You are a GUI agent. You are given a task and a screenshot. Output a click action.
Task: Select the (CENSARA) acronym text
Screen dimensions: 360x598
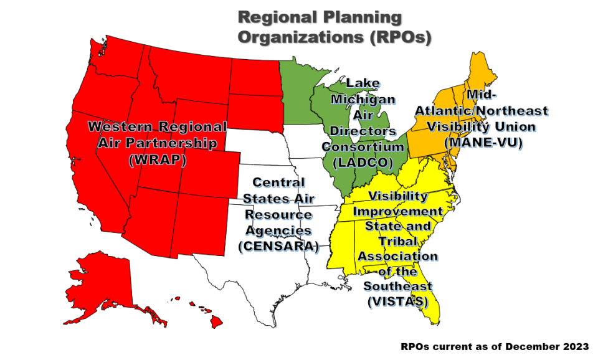(x=278, y=246)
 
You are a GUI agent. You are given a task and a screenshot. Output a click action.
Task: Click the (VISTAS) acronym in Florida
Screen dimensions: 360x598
(x=397, y=301)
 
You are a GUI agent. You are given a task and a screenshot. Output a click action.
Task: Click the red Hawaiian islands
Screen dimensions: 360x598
(x=215, y=321)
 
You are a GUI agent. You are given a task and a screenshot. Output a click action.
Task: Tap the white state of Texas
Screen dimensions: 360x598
(x=262, y=274)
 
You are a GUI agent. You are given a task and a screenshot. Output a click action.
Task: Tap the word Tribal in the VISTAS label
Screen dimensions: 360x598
(x=398, y=241)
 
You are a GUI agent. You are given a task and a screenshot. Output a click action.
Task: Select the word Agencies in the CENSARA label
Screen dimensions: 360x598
(x=278, y=230)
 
